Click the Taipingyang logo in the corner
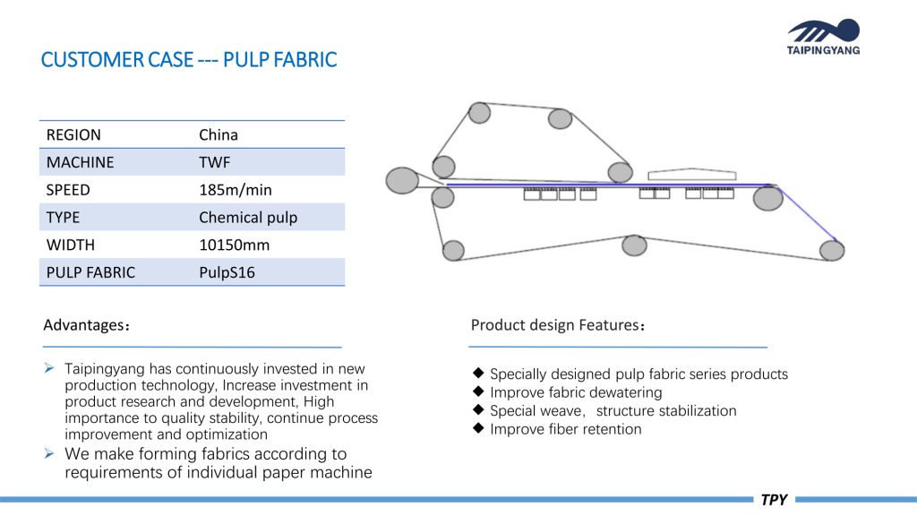pos(824,37)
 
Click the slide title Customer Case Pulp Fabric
pos(189,60)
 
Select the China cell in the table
pos(219,135)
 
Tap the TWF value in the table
pos(215,163)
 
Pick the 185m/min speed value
pos(236,190)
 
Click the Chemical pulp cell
pos(248,218)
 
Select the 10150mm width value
pos(234,245)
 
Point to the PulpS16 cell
pos(227,272)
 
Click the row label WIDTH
pos(70,245)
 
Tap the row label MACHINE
pos(80,163)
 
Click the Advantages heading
pos(86,325)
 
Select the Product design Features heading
pos(557,325)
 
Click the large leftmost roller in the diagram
pos(402,180)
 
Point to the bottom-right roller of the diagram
pos(832,251)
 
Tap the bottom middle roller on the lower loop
pos(634,245)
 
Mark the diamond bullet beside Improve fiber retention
pos(478,428)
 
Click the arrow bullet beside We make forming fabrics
pos(49,453)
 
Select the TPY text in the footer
pos(774,500)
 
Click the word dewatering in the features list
pos(625,392)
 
